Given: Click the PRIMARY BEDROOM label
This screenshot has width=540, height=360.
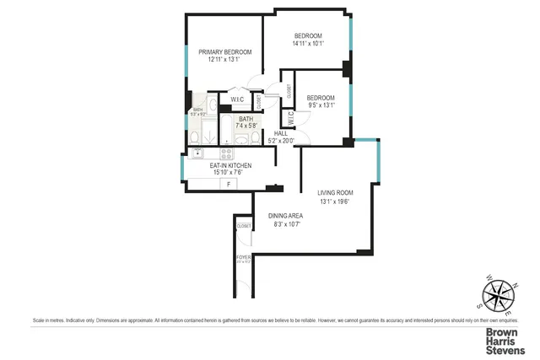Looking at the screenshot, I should coord(225,52).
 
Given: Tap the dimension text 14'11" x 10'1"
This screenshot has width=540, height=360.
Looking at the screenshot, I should coord(307,44).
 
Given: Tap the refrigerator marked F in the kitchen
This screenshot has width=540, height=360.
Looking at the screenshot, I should coord(227,183).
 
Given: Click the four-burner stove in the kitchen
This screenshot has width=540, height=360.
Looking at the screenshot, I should coord(226,153).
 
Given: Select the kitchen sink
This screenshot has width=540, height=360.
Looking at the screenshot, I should coord(197,153).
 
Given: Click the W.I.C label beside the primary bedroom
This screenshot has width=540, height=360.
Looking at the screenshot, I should coord(237,100).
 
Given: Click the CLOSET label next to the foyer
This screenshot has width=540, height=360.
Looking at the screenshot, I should coord(244,226).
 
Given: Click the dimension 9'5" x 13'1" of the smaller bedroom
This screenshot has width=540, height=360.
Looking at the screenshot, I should coord(321,105).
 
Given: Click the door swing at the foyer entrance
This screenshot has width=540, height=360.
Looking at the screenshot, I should coord(244,287).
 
